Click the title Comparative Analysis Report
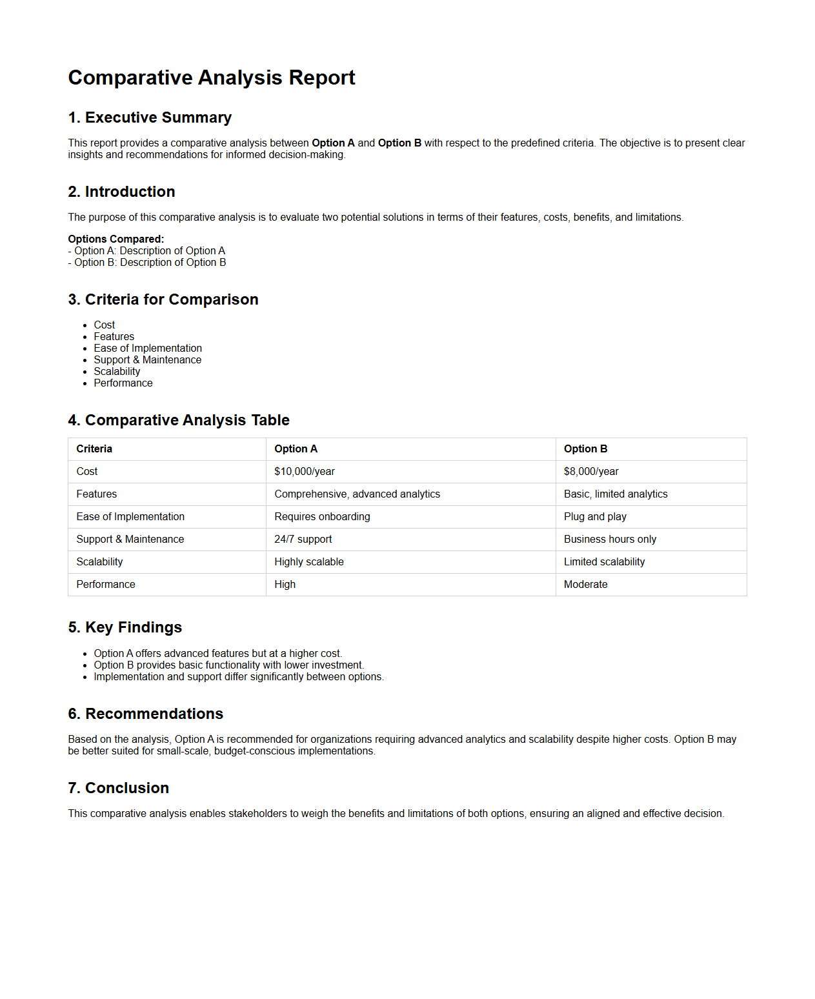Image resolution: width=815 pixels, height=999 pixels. [x=212, y=77]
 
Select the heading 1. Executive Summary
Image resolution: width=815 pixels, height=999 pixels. [x=150, y=117]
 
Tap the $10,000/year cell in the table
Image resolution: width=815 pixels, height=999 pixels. [x=305, y=472]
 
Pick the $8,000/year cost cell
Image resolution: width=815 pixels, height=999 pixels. [x=591, y=472]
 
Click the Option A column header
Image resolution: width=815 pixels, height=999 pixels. [x=296, y=449]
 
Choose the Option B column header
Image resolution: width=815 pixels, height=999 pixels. [x=585, y=449]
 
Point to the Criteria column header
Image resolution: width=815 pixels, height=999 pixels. [x=94, y=449]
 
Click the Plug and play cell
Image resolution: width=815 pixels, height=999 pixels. [x=595, y=517]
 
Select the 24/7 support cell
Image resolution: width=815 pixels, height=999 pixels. [x=303, y=540]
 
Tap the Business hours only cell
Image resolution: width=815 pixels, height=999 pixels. [x=610, y=540]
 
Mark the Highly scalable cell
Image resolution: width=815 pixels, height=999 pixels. [x=309, y=562]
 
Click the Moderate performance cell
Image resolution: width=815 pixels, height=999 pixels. [x=585, y=585]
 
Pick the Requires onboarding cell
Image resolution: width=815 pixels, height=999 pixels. [x=322, y=517]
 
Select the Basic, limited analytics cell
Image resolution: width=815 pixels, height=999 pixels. [x=616, y=494]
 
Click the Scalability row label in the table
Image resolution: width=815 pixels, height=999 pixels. [x=99, y=562]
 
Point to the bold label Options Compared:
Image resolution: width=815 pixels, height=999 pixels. [x=116, y=239]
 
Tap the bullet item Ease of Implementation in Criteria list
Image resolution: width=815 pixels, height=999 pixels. [x=148, y=348]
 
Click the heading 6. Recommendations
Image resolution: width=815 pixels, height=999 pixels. [x=146, y=714]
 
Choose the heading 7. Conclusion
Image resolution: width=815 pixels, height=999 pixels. [x=119, y=788]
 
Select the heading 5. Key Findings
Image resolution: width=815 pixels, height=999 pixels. [x=125, y=627]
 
